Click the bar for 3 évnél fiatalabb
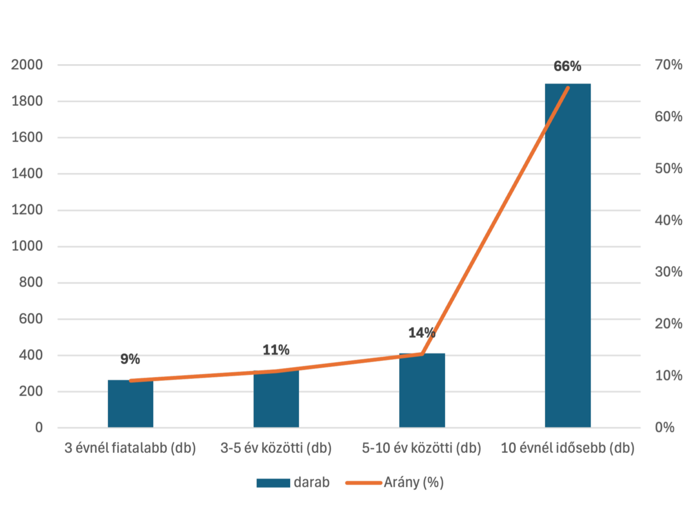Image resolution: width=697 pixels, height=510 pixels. point(131,405)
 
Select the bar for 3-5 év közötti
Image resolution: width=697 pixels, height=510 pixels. point(276,400)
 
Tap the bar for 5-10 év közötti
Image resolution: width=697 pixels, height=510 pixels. point(422,392)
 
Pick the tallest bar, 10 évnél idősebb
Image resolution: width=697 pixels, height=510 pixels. point(568,261)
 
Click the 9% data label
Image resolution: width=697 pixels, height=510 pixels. point(130,359)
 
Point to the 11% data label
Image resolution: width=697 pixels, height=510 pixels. point(276,349)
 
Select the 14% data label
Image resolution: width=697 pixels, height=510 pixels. point(421,333)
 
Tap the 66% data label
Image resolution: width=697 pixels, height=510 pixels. point(568,67)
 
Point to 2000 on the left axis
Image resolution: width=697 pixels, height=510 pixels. point(27,65)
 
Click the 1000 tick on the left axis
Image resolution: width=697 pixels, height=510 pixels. point(27,246)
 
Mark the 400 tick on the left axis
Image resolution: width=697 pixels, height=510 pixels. point(30,355)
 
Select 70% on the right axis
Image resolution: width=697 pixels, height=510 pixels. point(669,65)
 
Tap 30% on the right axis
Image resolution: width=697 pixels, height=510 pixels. point(669,272)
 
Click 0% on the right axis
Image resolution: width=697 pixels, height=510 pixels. point(665,427)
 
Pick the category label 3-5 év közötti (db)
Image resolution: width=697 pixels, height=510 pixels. point(276,448)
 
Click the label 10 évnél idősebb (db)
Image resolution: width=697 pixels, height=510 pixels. point(568,448)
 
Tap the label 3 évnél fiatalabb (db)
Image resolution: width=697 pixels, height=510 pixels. point(130,448)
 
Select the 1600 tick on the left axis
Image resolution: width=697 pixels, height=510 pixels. point(27,138)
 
